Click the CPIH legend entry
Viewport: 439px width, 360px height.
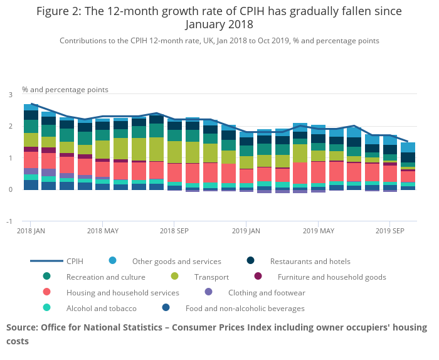(x=75, y=261)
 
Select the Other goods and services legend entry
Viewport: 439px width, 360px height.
(x=176, y=261)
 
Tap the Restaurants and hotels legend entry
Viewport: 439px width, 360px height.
(x=310, y=261)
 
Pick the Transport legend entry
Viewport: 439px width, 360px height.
(x=211, y=277)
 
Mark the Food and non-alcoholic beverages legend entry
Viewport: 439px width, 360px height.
(x=245, y=308)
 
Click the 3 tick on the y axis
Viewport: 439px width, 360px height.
(x=10, y=95)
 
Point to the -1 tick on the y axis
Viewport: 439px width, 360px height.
(x=9, y=221)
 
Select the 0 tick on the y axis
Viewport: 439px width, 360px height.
(x=10, y=189)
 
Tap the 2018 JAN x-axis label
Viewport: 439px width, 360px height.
(x=31, y=231)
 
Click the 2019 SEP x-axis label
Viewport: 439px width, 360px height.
(x=390, y=231)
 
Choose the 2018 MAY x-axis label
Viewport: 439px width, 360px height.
(x=103, y=231)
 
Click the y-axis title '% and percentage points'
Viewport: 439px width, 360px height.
(x=65, y=90)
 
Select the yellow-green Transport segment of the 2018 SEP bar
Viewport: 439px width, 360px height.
(x=175, y=152)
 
